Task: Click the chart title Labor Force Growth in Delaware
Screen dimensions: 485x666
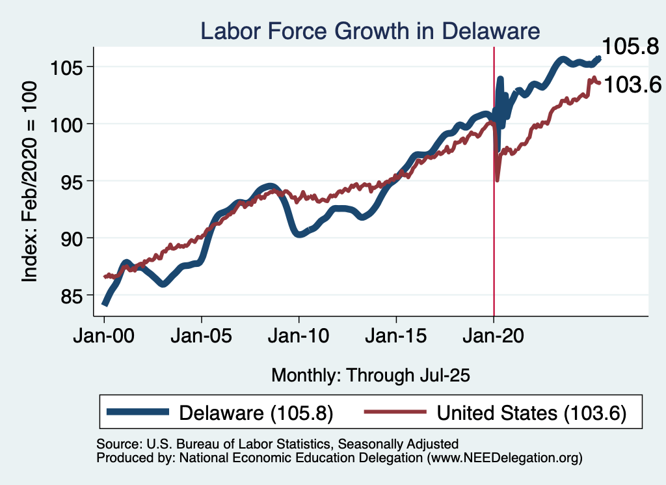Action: click(370, 31)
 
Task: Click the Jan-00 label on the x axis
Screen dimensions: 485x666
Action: click(104, 337)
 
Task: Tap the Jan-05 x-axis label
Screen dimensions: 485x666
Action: click(202, 337)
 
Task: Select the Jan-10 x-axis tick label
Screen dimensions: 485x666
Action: click(299, 337)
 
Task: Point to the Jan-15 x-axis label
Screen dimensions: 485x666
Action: click(397, 337)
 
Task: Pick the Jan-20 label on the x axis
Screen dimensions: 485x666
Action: click(494, 337)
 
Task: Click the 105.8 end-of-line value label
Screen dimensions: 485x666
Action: click(631, 46)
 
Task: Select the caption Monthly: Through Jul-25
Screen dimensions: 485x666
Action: click(370, 375)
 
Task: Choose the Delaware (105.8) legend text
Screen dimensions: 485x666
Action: click(256, 413)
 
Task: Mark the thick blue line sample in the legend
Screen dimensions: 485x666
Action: click(138, 413)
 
